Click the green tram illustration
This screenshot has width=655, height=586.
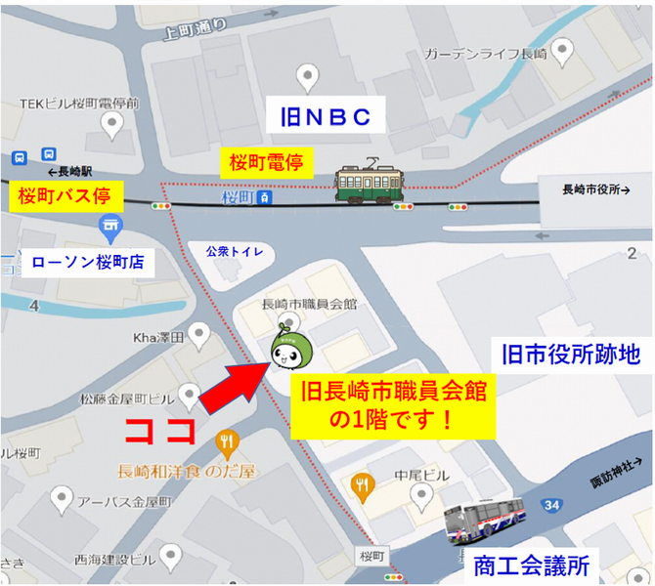click(372, 181)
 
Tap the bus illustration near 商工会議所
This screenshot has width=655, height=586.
click(481, 525)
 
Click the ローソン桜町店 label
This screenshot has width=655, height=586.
click(87, 262)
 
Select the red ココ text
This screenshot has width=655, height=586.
click(160, 431)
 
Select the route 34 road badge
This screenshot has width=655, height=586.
click(552, 504)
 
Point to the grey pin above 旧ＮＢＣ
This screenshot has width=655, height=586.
click(309, 74)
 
